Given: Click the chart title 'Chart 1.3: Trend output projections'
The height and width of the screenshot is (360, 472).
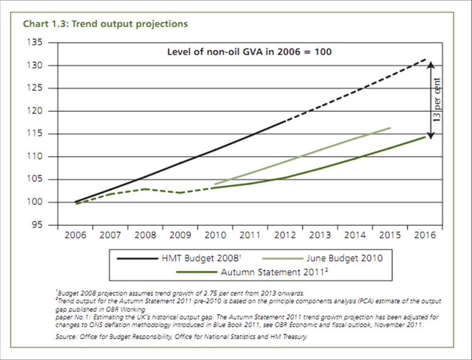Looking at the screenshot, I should (105, 23).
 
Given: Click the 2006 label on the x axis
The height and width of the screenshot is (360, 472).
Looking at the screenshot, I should (75, 235).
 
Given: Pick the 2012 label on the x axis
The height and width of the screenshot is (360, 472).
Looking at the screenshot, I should (285, 235).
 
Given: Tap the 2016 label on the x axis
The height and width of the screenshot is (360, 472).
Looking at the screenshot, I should (425, 235).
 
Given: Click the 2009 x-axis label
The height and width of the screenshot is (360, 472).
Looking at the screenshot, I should (180, 235).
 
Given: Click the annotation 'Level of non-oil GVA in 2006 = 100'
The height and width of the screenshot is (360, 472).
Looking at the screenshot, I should (249, 52).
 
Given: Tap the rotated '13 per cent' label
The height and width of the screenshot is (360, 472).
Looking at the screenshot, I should (437, 100).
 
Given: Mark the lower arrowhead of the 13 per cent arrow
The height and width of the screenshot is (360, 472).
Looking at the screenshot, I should (429, 135).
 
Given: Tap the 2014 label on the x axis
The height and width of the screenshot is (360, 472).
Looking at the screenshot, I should (355, 235).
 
